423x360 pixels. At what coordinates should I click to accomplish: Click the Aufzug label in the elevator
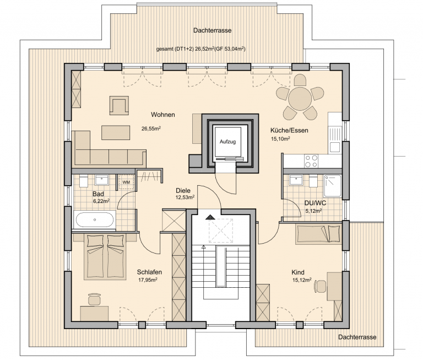pos(227,142)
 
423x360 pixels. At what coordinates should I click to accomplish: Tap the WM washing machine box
pos(126,182)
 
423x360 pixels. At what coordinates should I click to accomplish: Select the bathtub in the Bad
pos(95,220)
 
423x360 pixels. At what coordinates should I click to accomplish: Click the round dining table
pos(300,99)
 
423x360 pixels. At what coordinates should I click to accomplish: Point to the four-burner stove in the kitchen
pos(311,161)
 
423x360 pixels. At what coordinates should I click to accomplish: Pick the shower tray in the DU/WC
pos(332,186)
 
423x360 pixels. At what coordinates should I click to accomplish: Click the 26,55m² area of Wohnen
pos(151,128)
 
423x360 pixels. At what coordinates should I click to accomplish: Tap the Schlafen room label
pos(149,272)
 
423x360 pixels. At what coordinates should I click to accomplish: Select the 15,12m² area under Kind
pos(302,280)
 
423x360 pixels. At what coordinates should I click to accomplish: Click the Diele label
pos(183,191)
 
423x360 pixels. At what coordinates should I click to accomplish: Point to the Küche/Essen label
pos(289,131)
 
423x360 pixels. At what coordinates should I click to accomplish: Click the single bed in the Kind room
pos(318,234)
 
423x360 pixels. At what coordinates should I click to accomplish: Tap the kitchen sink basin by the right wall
pos(335,147)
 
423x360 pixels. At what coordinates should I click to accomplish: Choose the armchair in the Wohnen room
pos(119,105)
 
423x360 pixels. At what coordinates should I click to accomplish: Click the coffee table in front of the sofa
pos(116,132)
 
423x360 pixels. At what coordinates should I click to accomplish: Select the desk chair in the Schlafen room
pos(94,299)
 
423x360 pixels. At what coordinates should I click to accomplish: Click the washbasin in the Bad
pos(102,180)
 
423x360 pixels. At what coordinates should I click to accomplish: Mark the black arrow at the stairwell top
pos(210,217)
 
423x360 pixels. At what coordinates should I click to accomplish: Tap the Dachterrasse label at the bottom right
pos(357,337)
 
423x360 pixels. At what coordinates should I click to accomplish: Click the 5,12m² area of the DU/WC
pos(313,211)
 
